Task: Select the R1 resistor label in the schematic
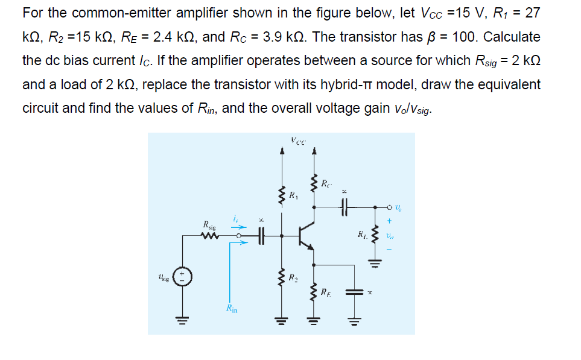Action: pyautogui.click(x=293, y=195)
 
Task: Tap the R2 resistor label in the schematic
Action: pyautogui.click(x=293, y=279)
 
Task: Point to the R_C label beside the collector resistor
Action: pyautogui.click(x=326, y=183)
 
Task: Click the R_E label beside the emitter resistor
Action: pyautogui.click(x=326, y=294)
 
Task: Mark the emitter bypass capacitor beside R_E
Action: pyautogui.click(x=352, y=291)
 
